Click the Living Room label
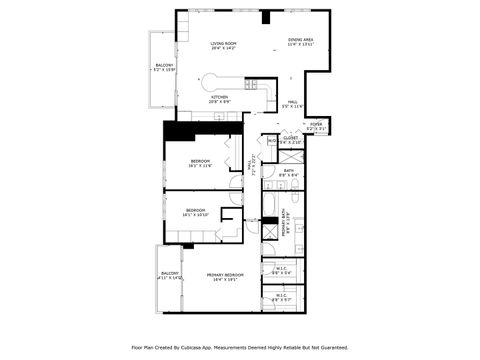coord(222,45)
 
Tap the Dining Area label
coord(301,42)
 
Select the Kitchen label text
coord(219,99)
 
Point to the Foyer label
coord(315,126)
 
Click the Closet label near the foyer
coord(290,140)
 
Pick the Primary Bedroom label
coord(225,277)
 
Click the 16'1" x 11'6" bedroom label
coord(201,163)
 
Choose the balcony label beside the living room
coord(163,67)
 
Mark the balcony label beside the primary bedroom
coord(170,276)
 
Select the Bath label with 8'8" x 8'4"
coord(289,174)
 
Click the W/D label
coord(271,141)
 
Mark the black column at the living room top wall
coord(266,16)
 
